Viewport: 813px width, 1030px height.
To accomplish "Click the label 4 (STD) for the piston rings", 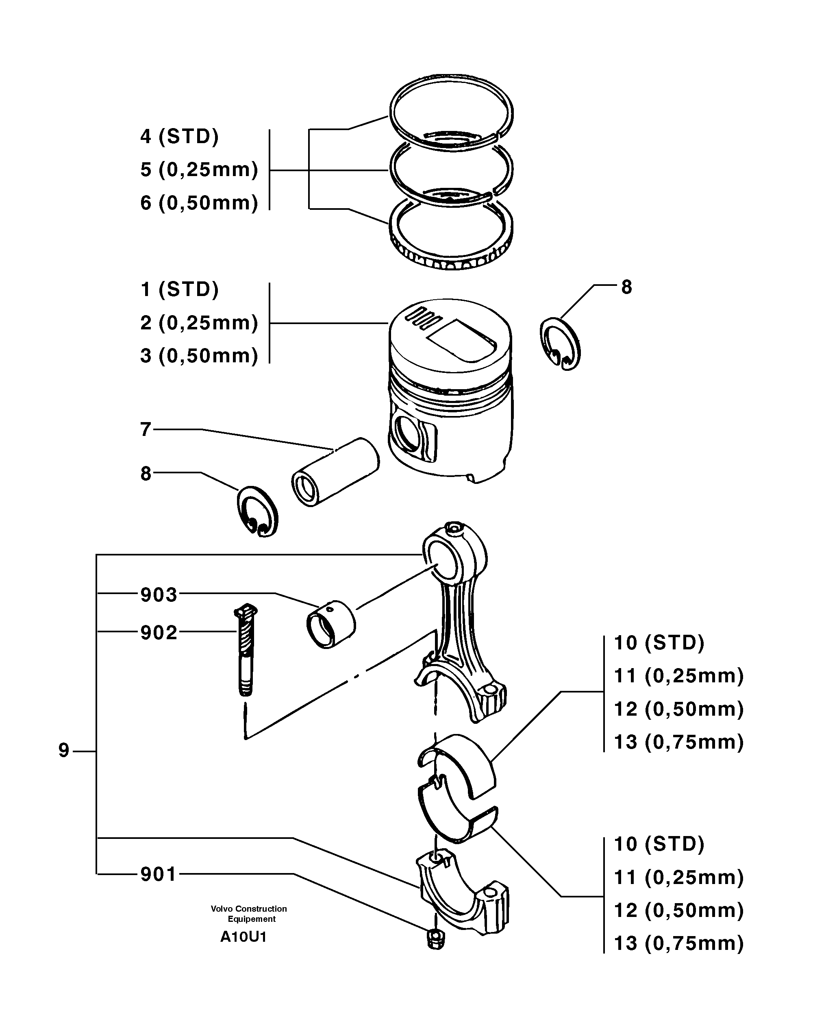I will click(x=179, y=137).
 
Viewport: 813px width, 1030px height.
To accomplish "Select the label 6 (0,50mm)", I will click(x=199, y=203).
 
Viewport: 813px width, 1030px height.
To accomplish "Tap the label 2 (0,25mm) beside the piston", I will click(x=199, y=323).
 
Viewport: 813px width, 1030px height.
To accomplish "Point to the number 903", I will click(x=159, y=595).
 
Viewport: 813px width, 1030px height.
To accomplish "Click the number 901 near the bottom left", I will click(x=159, y=875).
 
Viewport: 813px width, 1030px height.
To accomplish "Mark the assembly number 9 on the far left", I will click(x=64, y=751).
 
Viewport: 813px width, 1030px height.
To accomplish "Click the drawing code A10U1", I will click(x=243, y=937).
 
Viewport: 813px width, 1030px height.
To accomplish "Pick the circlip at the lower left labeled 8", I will click(x=257, y=512).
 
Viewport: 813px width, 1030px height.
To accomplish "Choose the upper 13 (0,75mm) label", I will click(x=679, y=743).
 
